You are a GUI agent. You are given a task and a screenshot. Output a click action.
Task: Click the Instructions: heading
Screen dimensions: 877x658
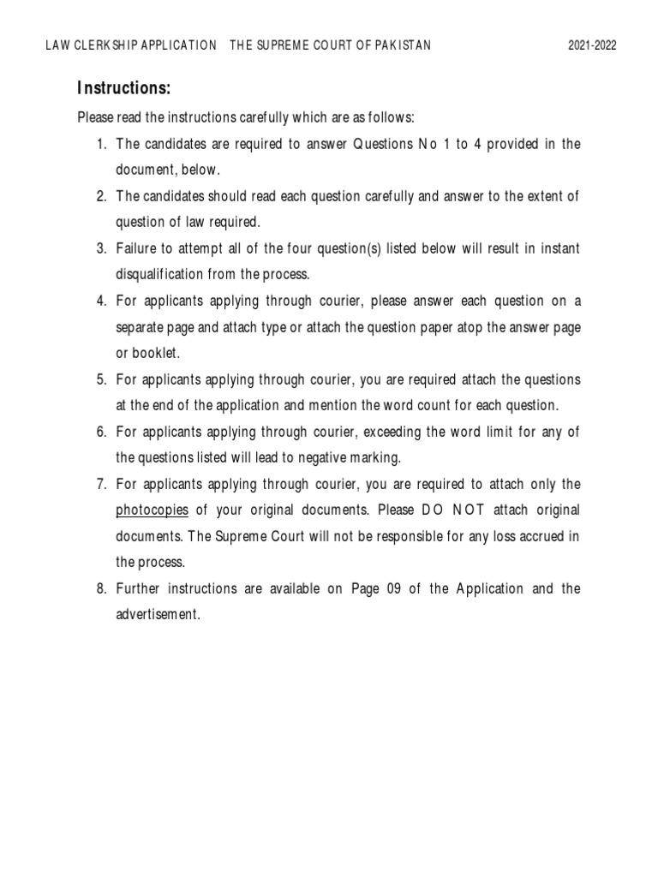(123, 88)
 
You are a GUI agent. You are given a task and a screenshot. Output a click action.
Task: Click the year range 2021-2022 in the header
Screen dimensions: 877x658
(592, 45)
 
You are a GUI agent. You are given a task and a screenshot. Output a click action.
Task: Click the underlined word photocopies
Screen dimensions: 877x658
(152, 510)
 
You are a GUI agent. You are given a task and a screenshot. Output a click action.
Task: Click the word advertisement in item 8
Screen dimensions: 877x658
(158, 615)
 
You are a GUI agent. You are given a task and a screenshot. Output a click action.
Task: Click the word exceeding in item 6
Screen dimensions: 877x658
(393, 432)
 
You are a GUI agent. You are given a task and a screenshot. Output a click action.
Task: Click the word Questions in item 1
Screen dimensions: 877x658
(378, 144)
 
